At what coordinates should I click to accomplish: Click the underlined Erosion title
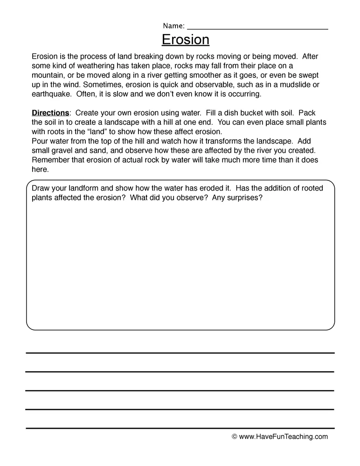pos(186,40)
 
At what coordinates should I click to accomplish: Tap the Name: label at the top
pos(173,26)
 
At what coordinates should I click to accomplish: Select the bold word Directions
pos(50,113)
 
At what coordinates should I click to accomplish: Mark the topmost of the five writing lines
pos(180,353)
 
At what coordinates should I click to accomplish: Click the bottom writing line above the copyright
pos(180,428)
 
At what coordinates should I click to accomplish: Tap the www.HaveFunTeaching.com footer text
pos(283,437)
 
